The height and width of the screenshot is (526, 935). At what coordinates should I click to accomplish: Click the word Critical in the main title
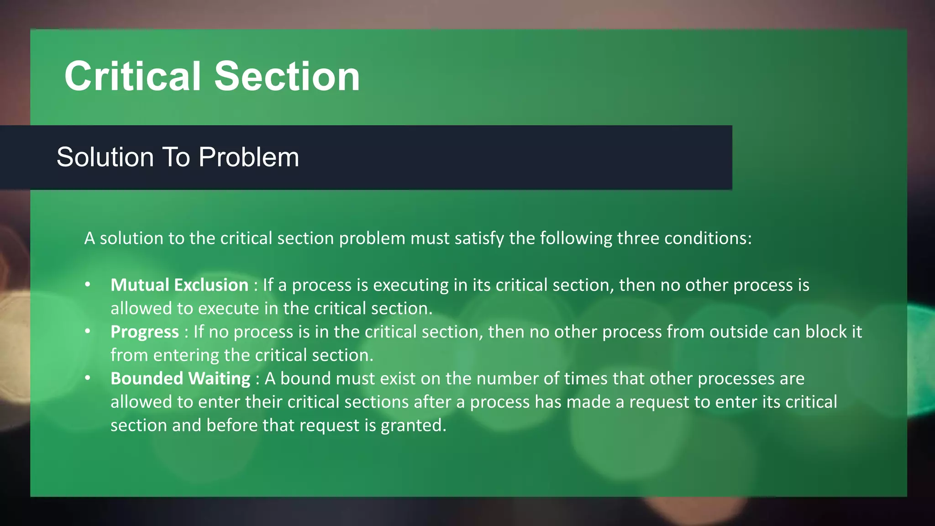(132, 76)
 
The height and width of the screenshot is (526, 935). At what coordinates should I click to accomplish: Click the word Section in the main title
(287, 76)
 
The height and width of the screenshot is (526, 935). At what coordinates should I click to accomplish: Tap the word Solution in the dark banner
(105, 158)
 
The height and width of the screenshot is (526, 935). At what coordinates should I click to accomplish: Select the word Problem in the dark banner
(249, 158)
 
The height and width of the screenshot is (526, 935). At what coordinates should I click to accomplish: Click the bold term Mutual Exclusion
(179, 285)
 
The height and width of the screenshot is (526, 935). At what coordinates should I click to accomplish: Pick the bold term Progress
(145, 332)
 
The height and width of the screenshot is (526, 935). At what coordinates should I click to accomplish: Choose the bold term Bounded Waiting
(180, 379)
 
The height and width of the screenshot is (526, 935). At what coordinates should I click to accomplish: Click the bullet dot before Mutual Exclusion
(88, 284)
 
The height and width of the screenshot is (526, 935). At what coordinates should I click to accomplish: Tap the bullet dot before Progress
(88, 331)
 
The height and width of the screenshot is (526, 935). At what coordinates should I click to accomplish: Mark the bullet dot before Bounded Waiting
(88, 378)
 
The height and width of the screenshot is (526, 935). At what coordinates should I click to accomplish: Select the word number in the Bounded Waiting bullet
(506, 379)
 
